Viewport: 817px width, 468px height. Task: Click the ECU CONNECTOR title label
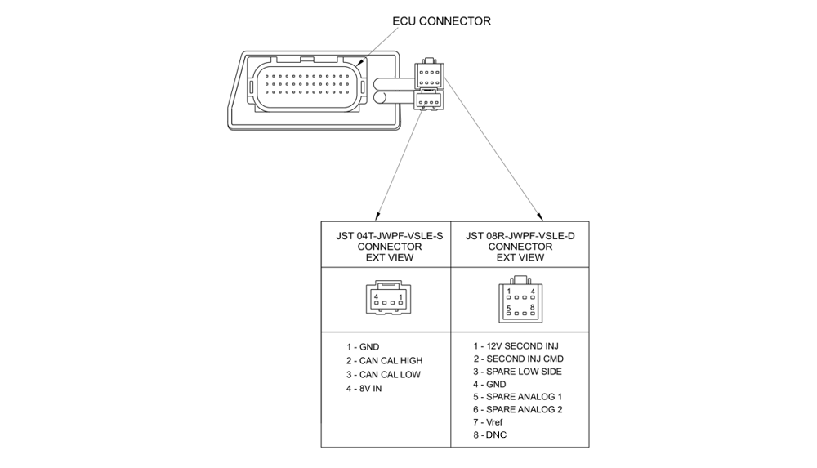[x=442, y=21]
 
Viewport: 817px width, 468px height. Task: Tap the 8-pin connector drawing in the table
[x=520, y=299]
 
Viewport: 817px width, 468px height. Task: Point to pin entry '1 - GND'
[x=363, y=347]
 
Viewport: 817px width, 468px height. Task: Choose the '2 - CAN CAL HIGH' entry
[x=384, y=361]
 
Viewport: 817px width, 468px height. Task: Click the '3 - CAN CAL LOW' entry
[x=383, y=375]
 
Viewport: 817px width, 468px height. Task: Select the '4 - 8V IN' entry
[x=364, y=389]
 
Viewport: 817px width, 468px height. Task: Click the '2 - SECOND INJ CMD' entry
[x=518, y=359]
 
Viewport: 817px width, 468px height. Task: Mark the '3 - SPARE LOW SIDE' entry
[x=517, y=372]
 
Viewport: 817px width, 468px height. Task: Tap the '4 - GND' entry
[x=489, y=384]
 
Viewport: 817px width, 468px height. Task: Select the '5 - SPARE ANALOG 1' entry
[x=517, y=397]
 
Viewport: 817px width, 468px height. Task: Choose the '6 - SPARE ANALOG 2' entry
[x=517, y=409]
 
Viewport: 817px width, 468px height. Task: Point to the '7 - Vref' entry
[x=488, y=422]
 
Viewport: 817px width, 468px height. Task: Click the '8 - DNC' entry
[x=489, y=435]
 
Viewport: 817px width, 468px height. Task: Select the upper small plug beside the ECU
[x=429, y=75]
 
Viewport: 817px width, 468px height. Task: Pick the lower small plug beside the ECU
[x=429, y=102]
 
